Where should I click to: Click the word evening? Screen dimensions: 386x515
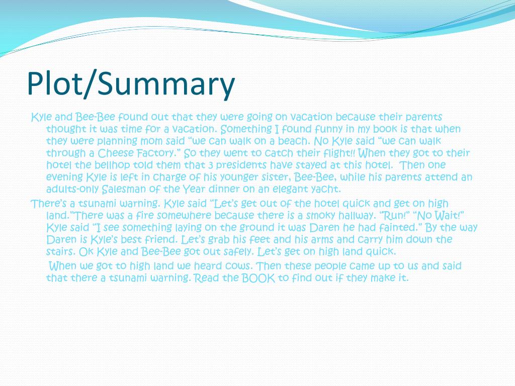tap(64, 177)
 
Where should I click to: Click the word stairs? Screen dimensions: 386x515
tap(59, 251)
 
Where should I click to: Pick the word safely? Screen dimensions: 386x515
tap(235, 251)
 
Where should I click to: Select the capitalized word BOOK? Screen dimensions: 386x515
tap(259, 278)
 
